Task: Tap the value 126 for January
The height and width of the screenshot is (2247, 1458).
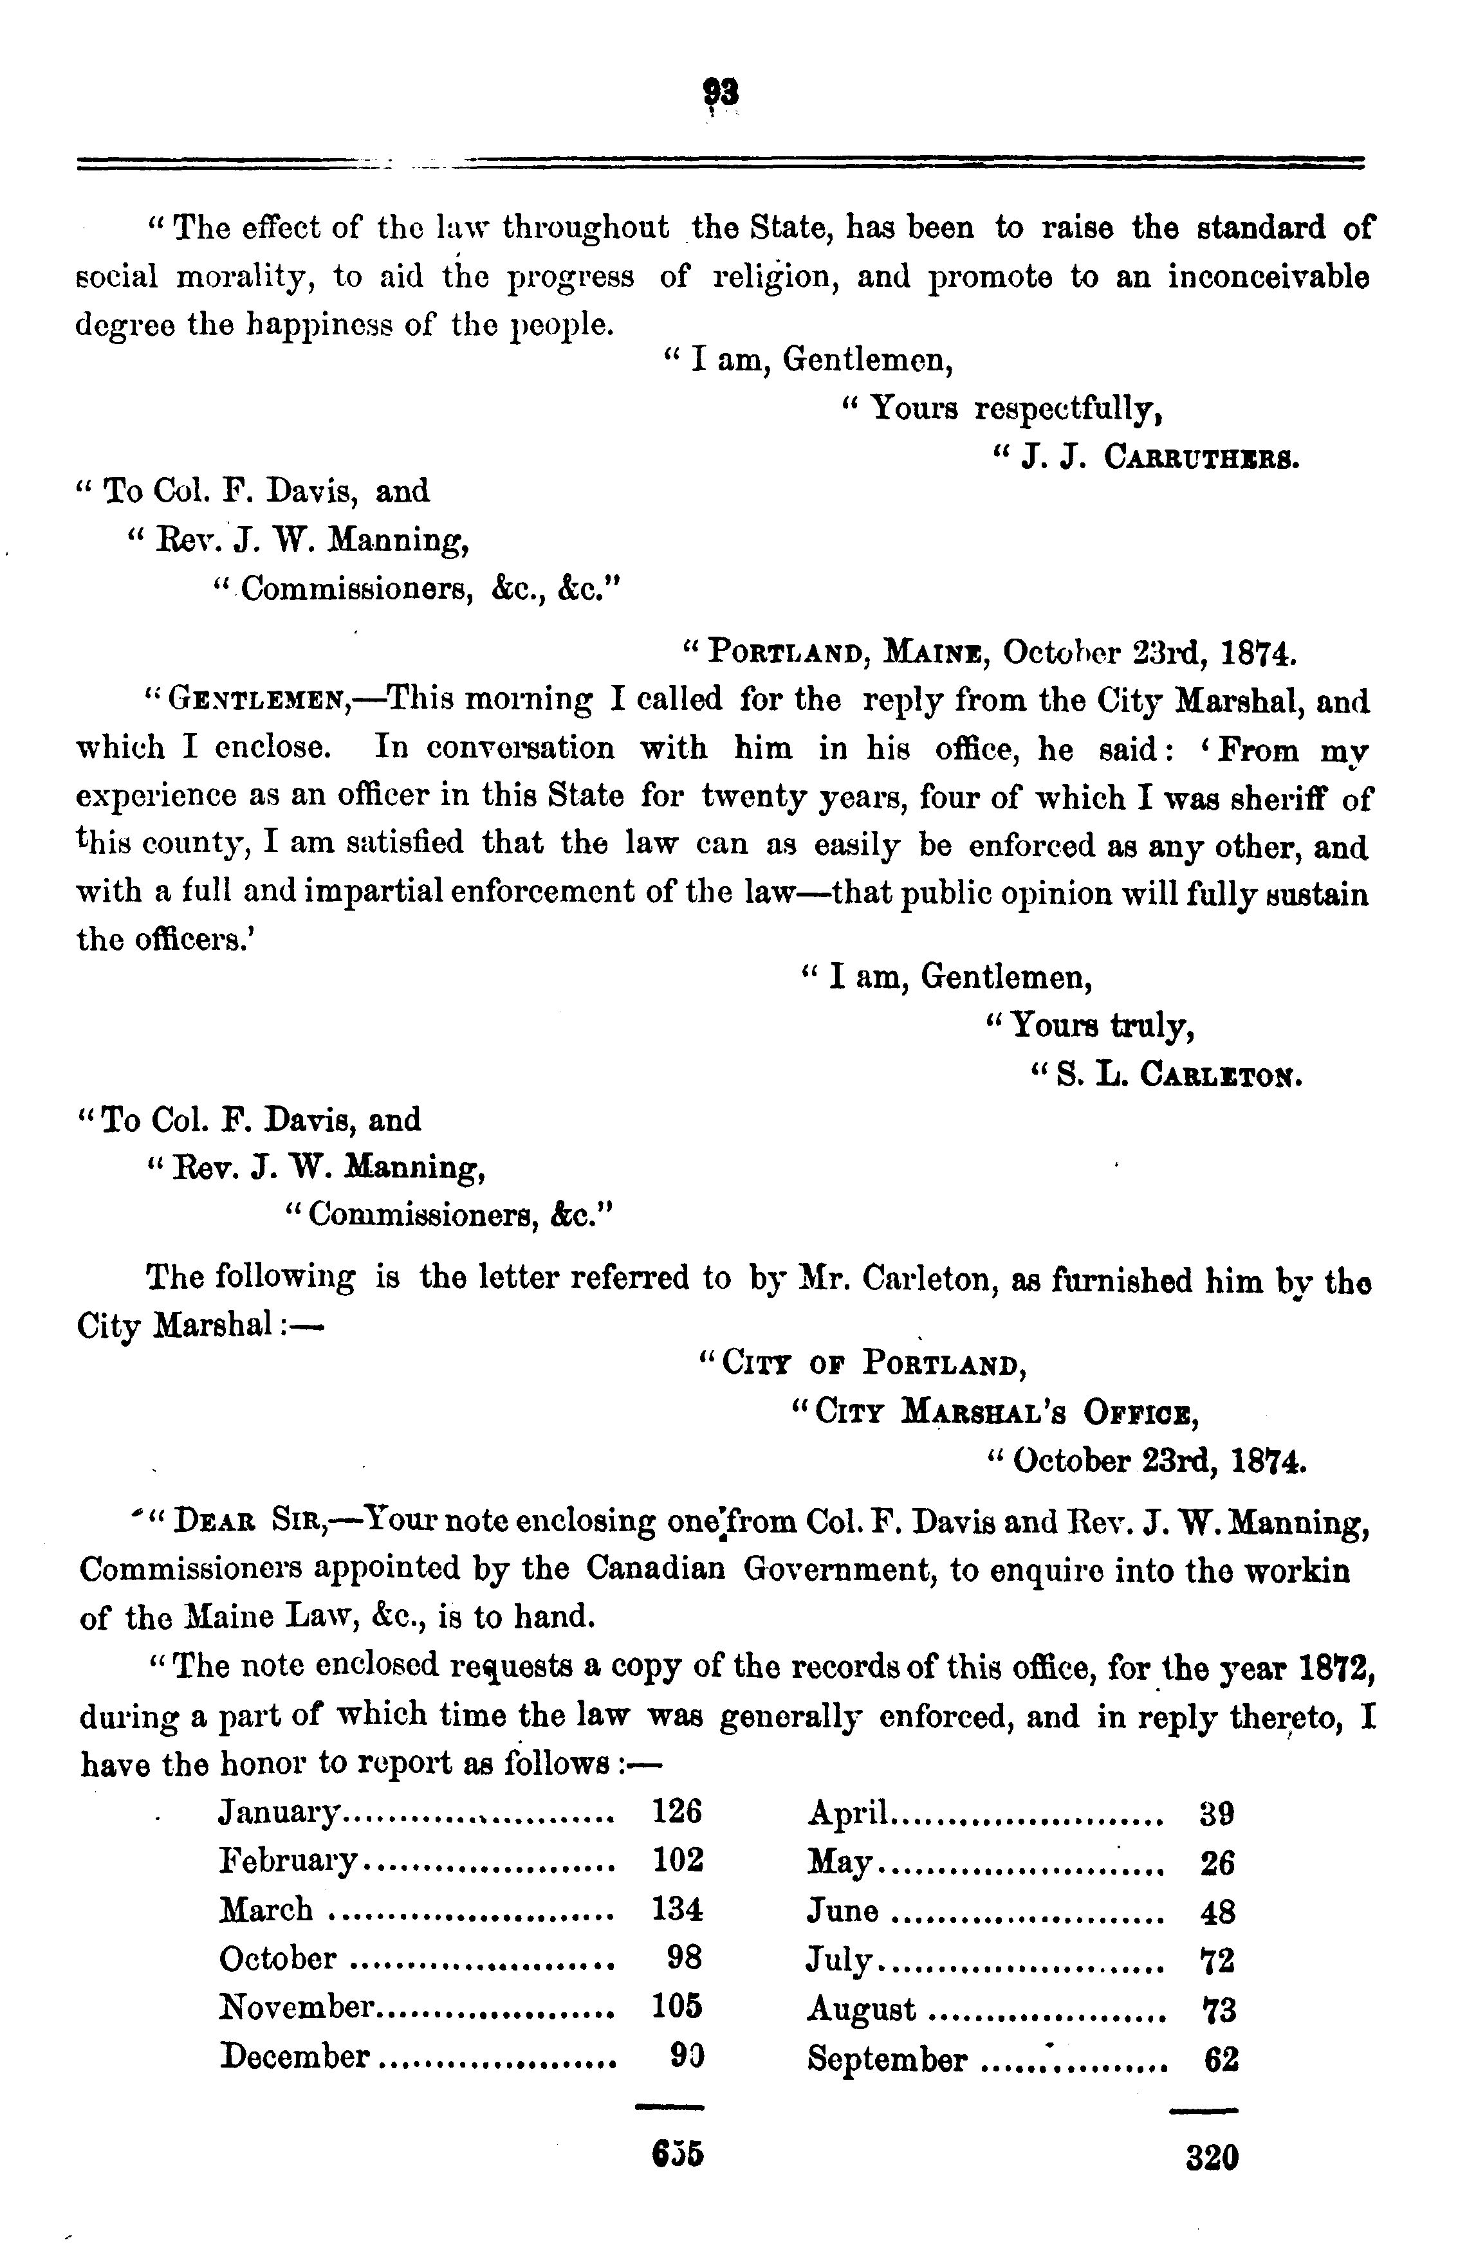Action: click(677, 1811)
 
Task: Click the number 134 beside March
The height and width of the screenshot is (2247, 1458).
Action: click(677, 1909)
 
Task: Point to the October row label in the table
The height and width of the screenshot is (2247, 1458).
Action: click(277, 1958)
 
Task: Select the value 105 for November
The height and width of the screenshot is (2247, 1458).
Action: click(677, 2006)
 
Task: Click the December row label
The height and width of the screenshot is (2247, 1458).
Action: click(293, 2056)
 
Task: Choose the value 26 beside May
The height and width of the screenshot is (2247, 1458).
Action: click(1217, 1862)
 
